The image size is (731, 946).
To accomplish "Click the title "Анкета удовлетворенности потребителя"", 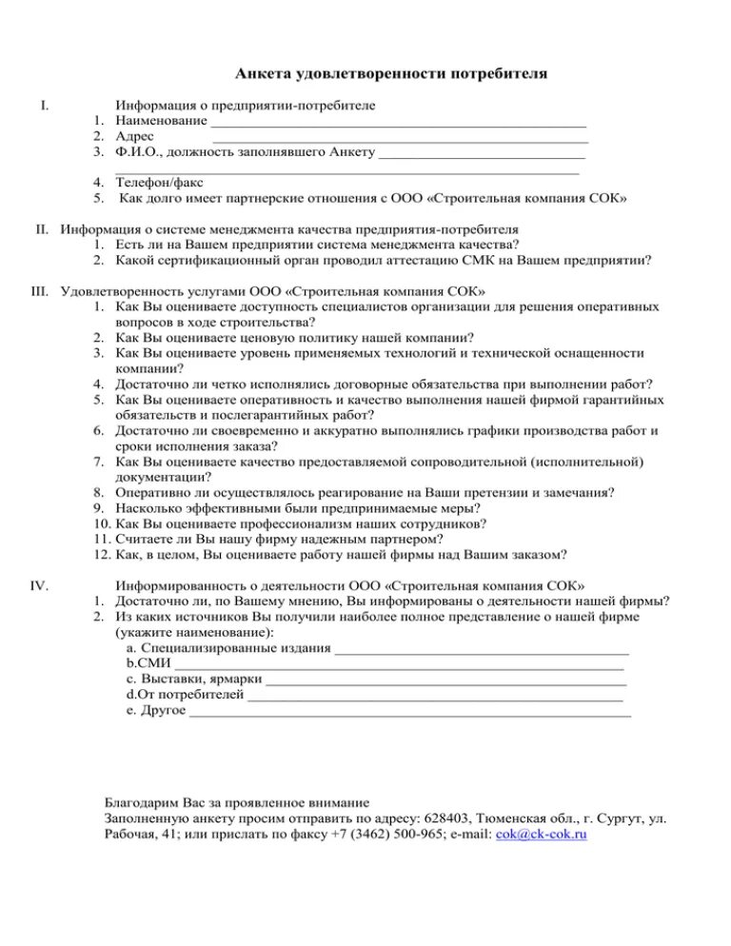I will pyautogui.click(x=390, y=73).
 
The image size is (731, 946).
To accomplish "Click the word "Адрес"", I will pyautogui.click(x=134, y=137).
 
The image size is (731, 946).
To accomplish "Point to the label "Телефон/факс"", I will pyautogui.click(x=159, y=183).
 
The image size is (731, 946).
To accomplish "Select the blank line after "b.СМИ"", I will pyautogui.click(x=400, y=667).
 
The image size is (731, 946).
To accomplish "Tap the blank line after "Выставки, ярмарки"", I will pyautogui.click(x=446, y=682).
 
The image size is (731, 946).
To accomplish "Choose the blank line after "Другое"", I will pyautogui.click(x=410, y=713).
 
